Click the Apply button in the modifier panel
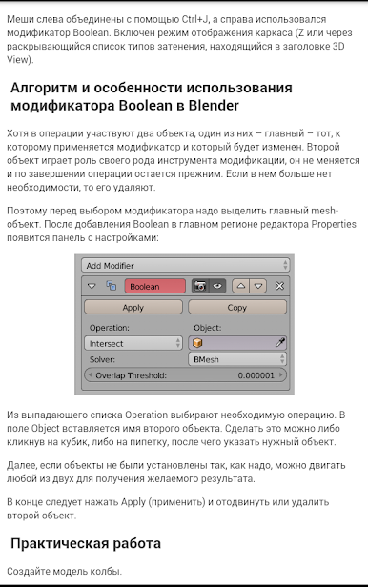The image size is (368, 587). tap(133, 307)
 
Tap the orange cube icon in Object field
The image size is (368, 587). tap(197, 342)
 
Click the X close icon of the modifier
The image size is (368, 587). tap(279, 285)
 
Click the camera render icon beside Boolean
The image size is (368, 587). tap(201, 285)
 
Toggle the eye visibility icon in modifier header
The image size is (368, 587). tap(217, 285)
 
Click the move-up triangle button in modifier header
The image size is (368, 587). tap(241, 285)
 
